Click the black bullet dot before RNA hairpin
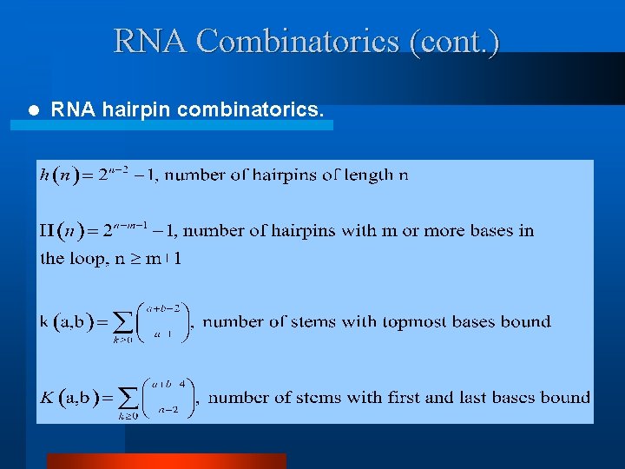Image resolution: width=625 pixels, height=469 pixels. (33, 110)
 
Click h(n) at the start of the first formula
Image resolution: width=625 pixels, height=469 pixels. (59, 175)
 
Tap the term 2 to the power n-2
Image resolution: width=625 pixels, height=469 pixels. (113, 174)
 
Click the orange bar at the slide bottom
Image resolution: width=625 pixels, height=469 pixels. (166, 461)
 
